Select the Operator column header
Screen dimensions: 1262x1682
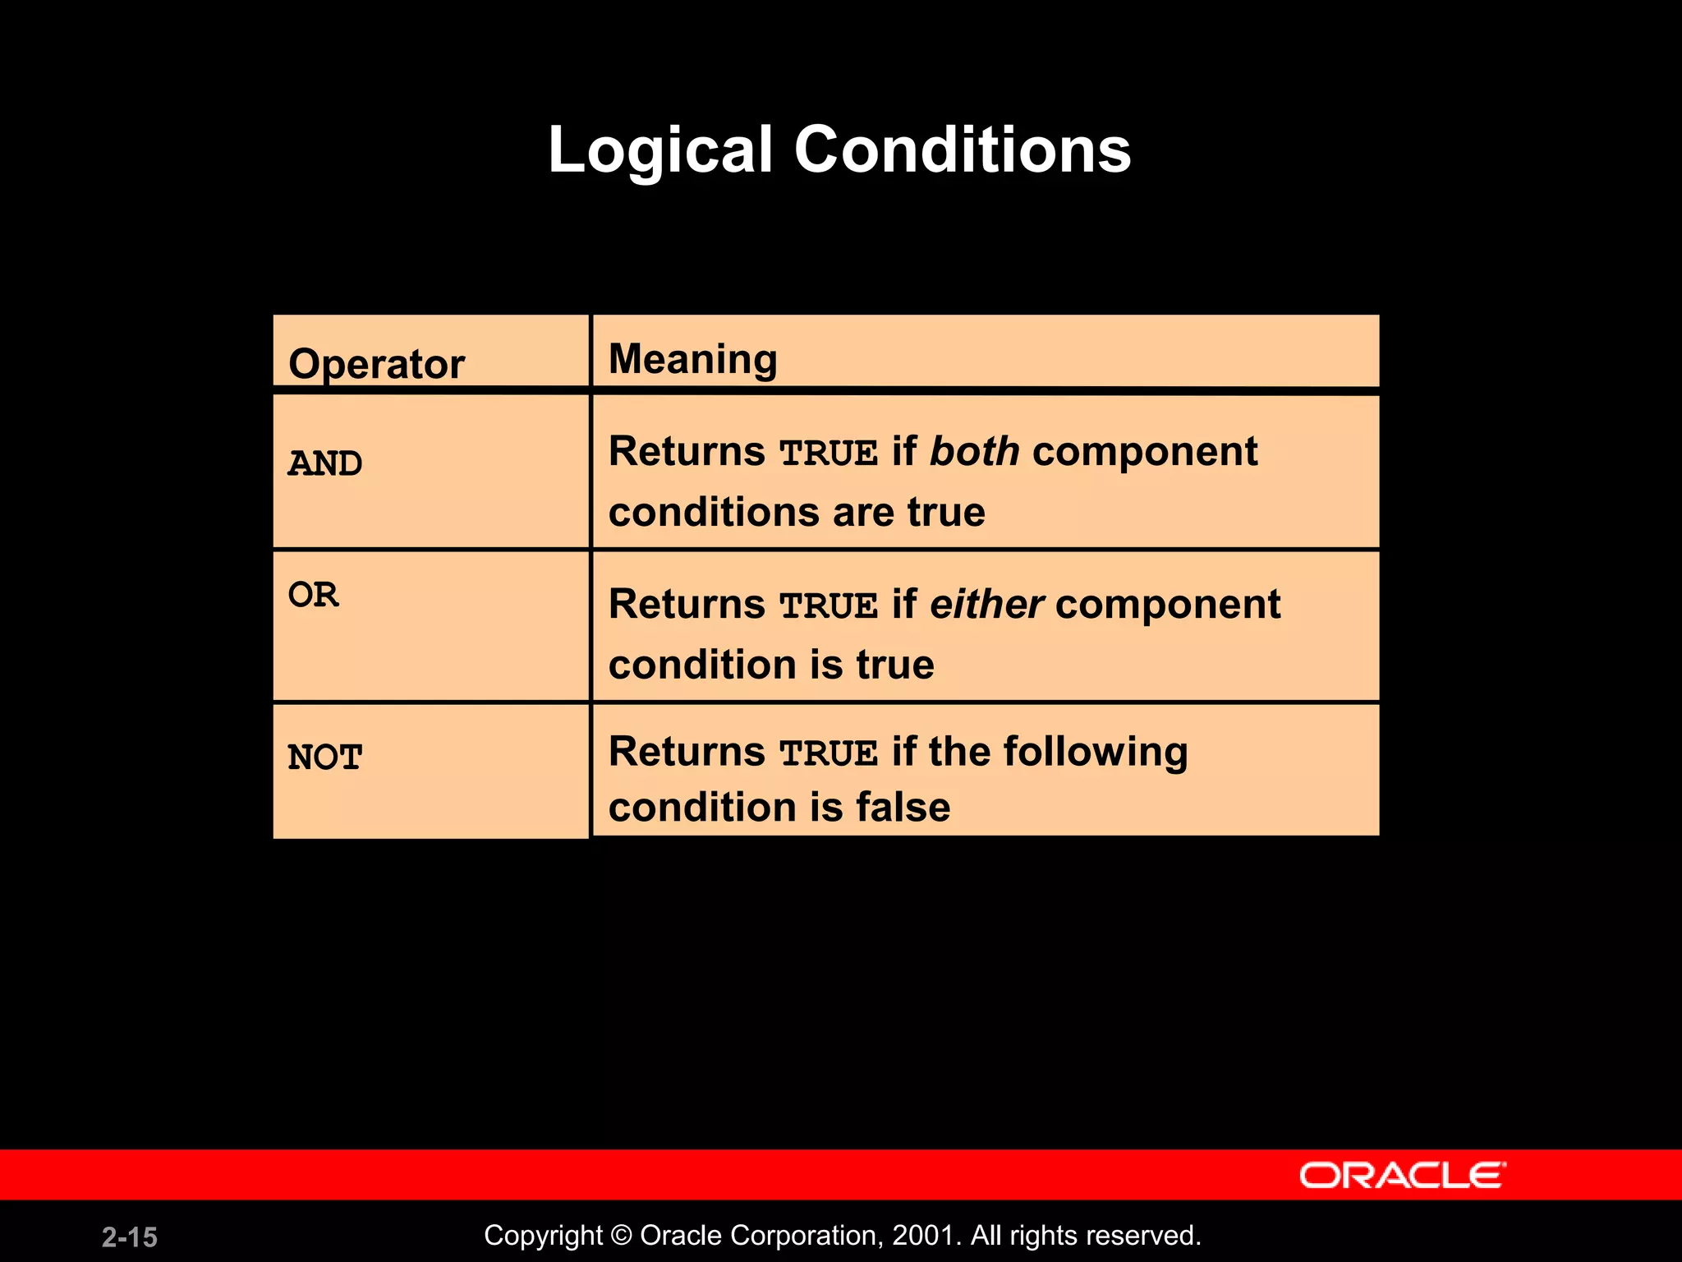click(376, 364)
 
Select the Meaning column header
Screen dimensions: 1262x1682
click(692, 360)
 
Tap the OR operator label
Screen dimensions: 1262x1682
click(313, 595)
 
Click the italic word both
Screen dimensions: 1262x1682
click(974, 452)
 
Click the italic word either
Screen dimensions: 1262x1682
click(986, 605)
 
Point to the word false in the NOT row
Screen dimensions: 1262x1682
click(903, 807)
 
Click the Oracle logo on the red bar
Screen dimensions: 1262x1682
click(1402, 1176)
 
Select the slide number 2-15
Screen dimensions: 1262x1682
click(130, 1237)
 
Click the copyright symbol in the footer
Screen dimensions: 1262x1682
click(621, 1236)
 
